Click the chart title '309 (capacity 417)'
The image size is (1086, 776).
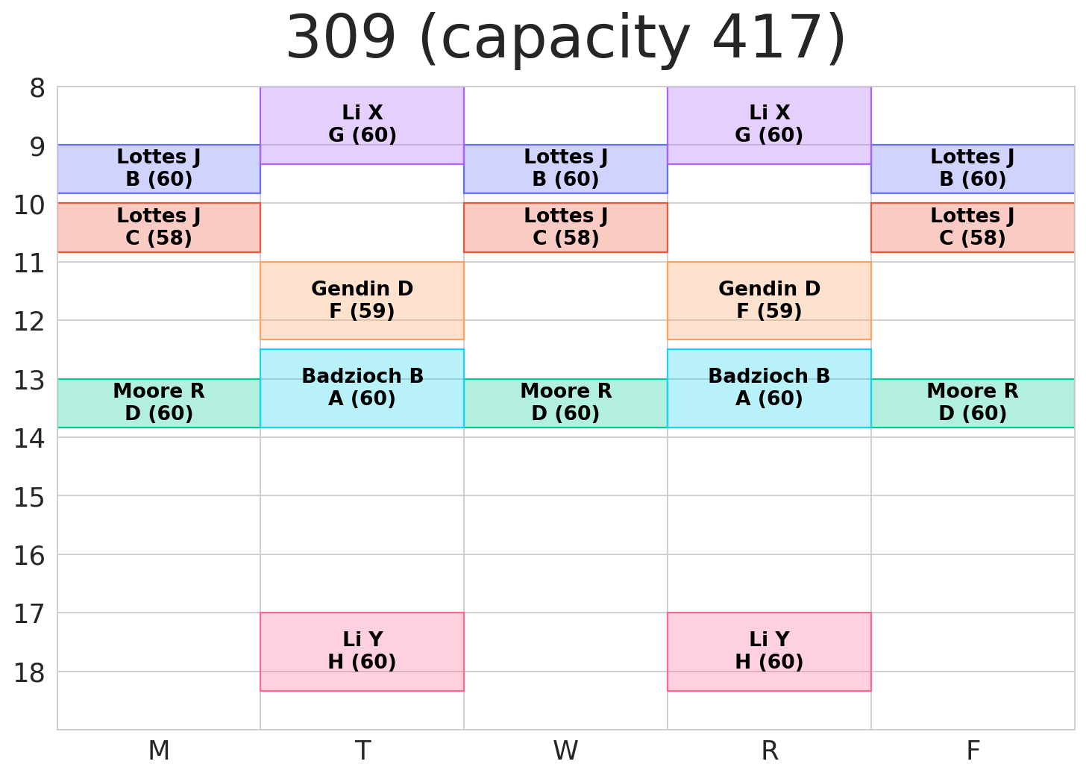point(566,39)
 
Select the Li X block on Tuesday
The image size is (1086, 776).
point(362,125)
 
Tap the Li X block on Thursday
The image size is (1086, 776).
point(769,125)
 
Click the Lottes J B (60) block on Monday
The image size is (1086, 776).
point(159,169)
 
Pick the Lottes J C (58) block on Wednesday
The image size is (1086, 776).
point(565,228)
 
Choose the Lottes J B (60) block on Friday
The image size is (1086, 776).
point(973,169)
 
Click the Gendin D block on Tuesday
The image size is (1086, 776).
point(362,300)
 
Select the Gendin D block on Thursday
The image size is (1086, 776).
point(769,300)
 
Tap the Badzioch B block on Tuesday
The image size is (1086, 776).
point(362,388)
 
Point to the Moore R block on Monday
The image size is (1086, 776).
point(159,403)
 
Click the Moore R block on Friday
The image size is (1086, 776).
point(973,403)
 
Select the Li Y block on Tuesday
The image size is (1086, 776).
point(362,651)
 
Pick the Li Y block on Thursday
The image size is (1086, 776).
point(769,651)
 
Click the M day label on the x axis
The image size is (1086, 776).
point(159,751)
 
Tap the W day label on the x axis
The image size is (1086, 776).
point(565,751)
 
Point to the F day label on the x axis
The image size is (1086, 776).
point(973,751)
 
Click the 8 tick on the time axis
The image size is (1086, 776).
point(37,89)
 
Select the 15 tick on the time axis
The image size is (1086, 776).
point(30,496)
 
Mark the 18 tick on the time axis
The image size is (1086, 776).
point(30,672)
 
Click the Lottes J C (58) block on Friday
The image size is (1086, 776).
point(973,228)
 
